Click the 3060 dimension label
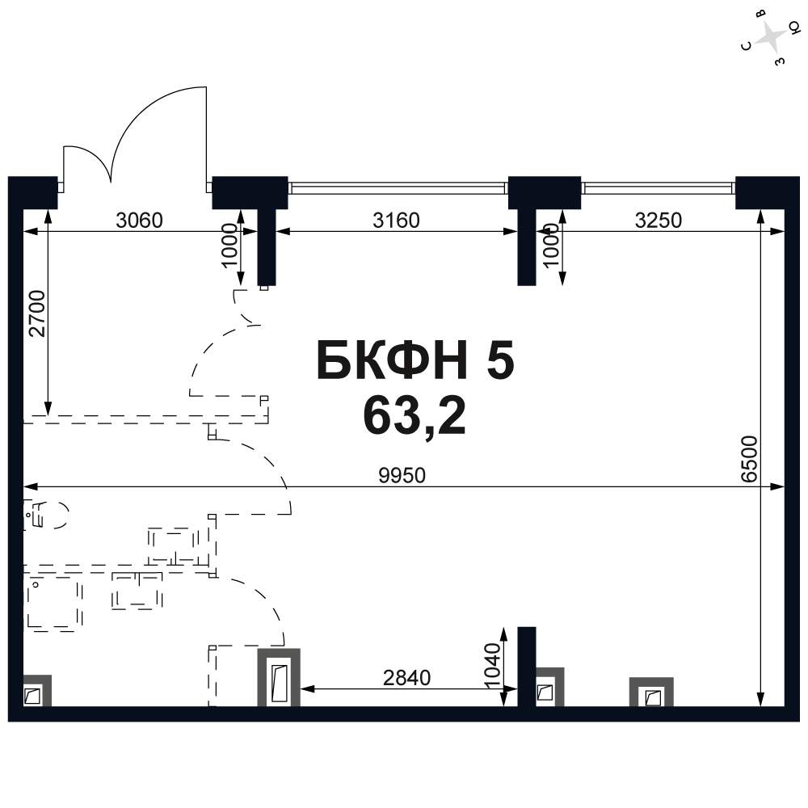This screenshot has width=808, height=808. click(x=139, y=221)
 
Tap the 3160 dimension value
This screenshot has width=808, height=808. click(x=396, y=221)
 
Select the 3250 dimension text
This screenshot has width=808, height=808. click(x=658, y=221)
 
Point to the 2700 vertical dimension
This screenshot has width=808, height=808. click(x=37, y=314)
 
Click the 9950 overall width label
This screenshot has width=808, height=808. click(x=402, y=475)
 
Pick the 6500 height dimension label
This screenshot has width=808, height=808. click(x=749, y=459)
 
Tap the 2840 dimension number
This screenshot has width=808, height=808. click(x=406, y=678)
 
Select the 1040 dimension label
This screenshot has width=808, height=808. click(x=493, y=665)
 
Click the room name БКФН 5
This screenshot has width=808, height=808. click(x=415, y=360)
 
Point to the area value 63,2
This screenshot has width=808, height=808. click(x=415, y=416)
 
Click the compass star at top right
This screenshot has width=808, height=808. click(x=771, y=37)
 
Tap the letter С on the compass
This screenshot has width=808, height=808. click(x=746, y=46)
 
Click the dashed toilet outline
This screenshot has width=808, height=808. click(x=46, y=514)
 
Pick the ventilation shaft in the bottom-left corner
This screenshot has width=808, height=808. click(x=37, y=691)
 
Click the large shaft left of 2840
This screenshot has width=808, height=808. click(x=279, y=677)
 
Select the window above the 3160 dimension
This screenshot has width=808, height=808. click(x=398, y=188)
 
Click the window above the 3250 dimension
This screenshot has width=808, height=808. click(x=658, y=188)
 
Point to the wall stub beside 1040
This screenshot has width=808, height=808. click(x=527, y=667)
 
